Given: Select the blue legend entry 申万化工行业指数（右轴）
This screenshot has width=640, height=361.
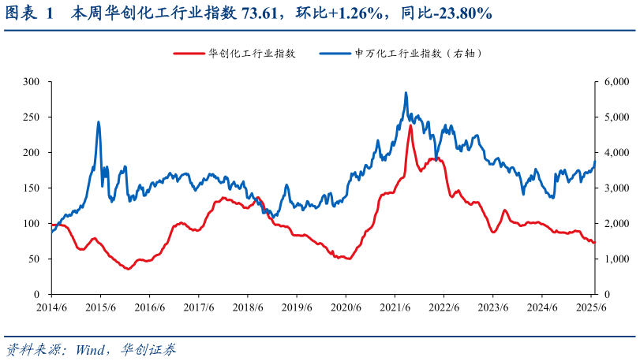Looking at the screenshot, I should tap(418, 54).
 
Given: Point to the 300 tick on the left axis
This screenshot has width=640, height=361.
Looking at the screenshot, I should tap(32, 82).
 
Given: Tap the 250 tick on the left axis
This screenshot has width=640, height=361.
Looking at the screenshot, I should tap(32, 117).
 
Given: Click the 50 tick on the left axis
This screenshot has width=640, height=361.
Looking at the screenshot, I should tap(36, 259).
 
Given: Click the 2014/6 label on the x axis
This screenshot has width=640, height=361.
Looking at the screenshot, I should tap(51, 307).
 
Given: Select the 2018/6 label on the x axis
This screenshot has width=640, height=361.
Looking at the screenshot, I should tap(248, 307).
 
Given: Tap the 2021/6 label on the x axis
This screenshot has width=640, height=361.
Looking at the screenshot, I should tap(395, 307).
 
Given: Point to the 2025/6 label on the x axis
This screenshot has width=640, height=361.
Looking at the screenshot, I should tap(590, 307).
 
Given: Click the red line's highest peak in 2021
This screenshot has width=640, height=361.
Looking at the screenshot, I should tap(410, 125).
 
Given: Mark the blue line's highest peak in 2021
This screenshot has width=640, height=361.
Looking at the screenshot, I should tap(406, 93).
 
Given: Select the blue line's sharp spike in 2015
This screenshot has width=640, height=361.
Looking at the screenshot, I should tap(98, 122).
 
